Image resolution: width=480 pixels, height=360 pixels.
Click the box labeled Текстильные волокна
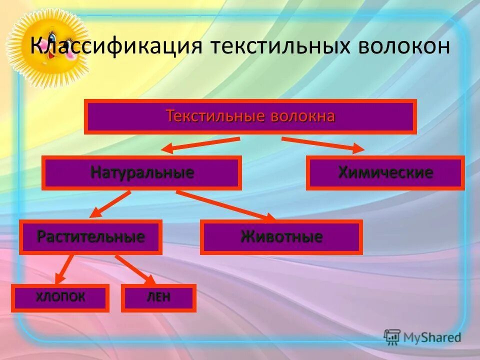tap(250, 117)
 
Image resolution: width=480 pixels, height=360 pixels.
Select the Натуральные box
tap(142, 173)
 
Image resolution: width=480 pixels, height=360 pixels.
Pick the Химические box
tap(385, 173)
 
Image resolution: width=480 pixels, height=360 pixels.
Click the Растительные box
tap(90, 236)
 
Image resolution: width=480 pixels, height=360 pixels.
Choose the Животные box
tap(281, 236)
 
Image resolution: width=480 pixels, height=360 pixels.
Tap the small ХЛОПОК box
tap(60, 298)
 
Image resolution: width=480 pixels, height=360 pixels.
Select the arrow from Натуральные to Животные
tap(225, 205)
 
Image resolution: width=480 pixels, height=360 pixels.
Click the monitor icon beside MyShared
tap(392, 336)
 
